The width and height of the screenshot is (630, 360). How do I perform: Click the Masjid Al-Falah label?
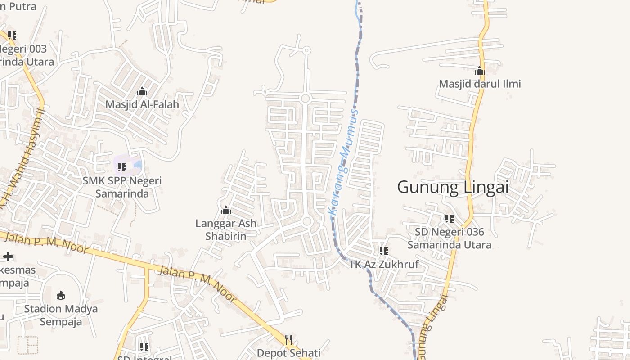point(142,104)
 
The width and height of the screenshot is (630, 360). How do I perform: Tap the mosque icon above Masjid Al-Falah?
point(142,92)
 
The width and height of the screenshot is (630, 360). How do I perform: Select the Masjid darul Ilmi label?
point(480,84)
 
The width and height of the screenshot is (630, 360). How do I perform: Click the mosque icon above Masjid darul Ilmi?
point(480,71)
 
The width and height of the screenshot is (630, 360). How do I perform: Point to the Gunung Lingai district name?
point(453,187)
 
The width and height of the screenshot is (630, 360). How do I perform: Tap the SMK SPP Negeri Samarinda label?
point(122,187)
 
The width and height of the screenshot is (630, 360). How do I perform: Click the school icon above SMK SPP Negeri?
point(121,167)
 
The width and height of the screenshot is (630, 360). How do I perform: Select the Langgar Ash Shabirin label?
point(226,229)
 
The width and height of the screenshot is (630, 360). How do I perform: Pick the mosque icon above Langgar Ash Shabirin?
point(226,210)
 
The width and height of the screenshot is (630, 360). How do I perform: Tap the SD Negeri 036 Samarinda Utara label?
point(449,238)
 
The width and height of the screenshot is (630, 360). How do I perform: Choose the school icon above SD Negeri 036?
point(449,219)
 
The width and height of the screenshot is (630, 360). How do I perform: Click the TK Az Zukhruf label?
point(384,264)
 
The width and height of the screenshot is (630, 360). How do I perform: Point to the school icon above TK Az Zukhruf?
point(383,251)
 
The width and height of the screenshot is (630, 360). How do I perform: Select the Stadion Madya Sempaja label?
point(61,315)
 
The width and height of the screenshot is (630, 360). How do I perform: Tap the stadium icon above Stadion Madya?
point(61,295)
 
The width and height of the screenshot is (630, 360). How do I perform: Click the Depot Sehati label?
point(288,353)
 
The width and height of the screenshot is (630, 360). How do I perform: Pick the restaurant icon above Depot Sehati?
point(288,339)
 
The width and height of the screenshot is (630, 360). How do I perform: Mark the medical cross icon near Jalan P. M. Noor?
point(8,256)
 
